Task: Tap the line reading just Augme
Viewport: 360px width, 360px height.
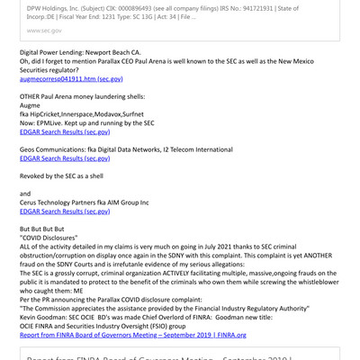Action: pyautogui.click(x=32, y=105)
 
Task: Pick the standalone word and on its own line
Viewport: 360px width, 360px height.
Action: pyautogui.click(x=25, y=193)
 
